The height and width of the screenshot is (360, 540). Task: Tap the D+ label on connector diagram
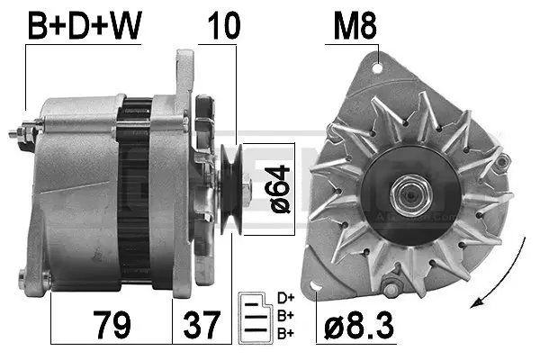coord(286,298)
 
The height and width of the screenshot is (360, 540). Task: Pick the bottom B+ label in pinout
coord(286,333)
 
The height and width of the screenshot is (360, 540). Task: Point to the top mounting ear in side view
coord(184,67)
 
